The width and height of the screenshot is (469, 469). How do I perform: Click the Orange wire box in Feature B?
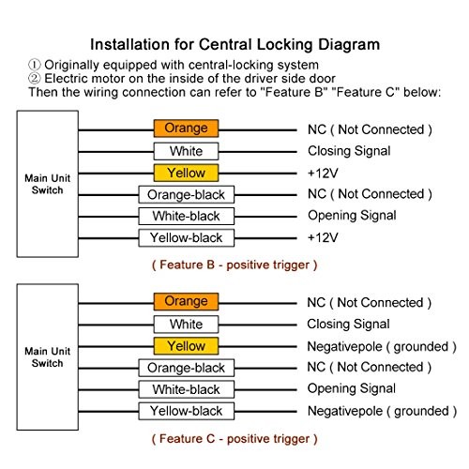[186, 129]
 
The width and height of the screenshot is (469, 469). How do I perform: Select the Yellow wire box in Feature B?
[186, 173]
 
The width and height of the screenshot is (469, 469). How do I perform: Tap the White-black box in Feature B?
[187, 216]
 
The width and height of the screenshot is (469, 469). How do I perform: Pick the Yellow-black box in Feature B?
[187, 238]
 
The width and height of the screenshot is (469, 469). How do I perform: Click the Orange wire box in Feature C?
[186, 301]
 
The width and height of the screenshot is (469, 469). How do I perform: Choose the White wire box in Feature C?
[186, 325]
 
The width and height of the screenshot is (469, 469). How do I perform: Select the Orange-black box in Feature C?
[187, 368]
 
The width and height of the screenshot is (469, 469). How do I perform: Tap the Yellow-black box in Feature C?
[187, 411]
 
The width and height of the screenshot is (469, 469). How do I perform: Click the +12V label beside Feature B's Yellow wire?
[323, 174]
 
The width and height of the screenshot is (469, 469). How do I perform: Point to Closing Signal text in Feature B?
[349, 151]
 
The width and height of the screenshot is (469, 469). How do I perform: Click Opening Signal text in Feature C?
[352, 389]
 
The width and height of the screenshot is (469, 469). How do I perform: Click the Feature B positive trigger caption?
[234, 265]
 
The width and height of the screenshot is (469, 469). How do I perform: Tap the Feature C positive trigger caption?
[234, 439]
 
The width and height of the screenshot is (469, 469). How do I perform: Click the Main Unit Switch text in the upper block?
[48, 184]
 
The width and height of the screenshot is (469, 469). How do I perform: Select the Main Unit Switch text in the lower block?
[48, 357]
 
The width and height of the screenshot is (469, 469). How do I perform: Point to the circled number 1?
[35, 65]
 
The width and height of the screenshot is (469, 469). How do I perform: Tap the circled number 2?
[35, 78]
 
